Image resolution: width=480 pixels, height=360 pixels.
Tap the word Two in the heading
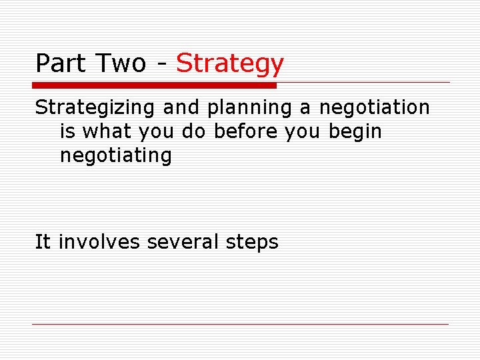[121, 63]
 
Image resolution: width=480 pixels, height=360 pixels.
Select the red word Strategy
[230, 64]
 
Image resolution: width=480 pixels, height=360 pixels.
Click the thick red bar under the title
[154, 85]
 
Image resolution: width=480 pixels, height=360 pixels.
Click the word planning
[242, 107]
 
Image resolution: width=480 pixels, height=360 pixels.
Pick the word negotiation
[374, 107]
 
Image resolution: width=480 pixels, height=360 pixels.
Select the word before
[246, 131]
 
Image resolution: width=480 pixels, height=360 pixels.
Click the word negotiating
[116, 156]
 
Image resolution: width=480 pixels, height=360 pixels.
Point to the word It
[43, 241]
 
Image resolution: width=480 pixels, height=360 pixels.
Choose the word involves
[100, 241]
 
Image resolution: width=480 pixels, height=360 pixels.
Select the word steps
[252, 242]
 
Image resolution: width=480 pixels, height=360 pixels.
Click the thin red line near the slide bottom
[240, 325]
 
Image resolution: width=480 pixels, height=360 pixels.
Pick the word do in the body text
[194, 131]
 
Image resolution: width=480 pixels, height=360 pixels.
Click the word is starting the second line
[67, 131]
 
